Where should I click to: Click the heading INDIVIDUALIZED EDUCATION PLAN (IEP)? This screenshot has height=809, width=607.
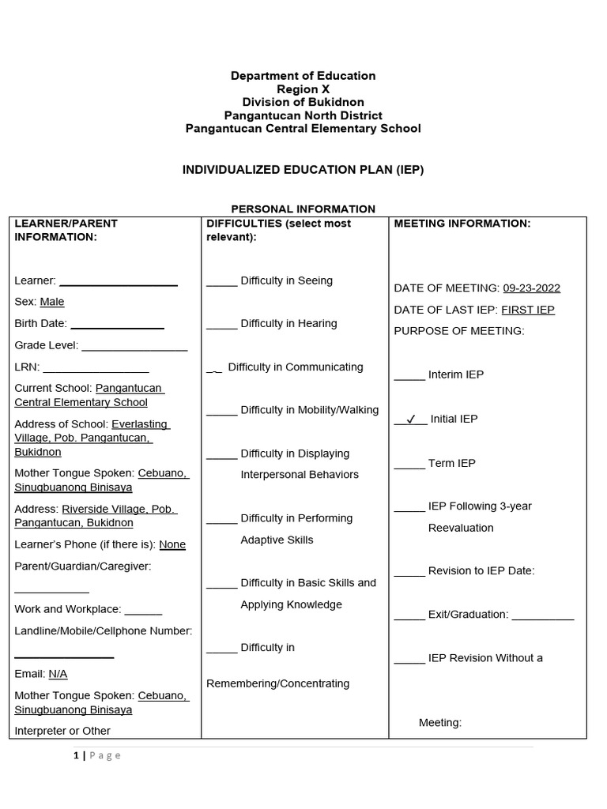click(303, 170)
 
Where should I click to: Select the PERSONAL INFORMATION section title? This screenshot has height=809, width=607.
click(303, 209)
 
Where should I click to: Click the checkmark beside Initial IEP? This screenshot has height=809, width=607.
click(410, 420)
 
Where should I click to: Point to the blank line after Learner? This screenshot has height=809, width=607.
click(119, 282)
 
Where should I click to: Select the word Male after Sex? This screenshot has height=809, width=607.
click(52, 302)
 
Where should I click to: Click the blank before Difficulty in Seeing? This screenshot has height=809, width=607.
click(221, 282)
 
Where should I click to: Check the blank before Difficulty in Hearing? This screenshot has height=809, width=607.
click(221, 325)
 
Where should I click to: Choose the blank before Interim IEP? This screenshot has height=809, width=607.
click(409, 376)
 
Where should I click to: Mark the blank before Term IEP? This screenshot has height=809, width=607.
click(409, 465)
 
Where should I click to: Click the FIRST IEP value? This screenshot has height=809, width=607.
click(528, 310)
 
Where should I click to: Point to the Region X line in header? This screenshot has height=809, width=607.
click(303, 89)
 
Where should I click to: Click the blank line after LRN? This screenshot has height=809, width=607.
click(96, 368)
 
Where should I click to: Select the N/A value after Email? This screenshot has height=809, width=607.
click(58, 674)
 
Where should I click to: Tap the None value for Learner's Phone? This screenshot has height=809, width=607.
click(172, 544)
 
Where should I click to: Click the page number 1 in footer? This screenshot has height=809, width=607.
click(76, 755)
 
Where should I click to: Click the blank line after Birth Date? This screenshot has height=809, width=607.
click(117, 325)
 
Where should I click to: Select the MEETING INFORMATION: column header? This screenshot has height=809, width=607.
click(462, 224)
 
